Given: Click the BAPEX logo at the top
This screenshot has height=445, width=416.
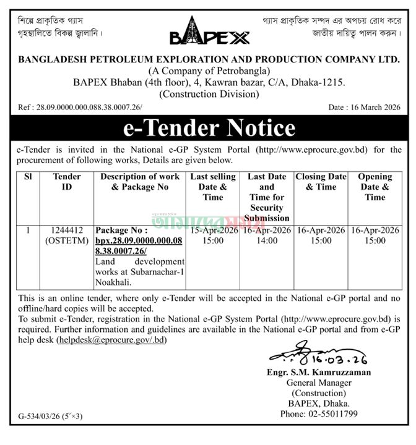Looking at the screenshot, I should tap(209, 31).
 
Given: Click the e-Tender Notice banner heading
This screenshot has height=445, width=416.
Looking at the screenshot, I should tap(209, 127).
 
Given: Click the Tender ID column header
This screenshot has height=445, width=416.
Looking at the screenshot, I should tap(67, 182).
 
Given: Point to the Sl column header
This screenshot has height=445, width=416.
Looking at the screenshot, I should tap(27, 177).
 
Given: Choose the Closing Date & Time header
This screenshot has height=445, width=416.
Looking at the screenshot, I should tap(321, 182).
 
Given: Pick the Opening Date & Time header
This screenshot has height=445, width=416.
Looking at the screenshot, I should tap(375, 187).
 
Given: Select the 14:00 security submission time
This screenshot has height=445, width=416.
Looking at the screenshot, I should tap(267, 240).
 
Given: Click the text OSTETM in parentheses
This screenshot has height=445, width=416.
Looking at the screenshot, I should tap(67, 240).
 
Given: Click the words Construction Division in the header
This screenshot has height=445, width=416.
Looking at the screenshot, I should tap(208, 94).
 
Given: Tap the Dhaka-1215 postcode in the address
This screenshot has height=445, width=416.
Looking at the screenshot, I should tap(318, 82).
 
